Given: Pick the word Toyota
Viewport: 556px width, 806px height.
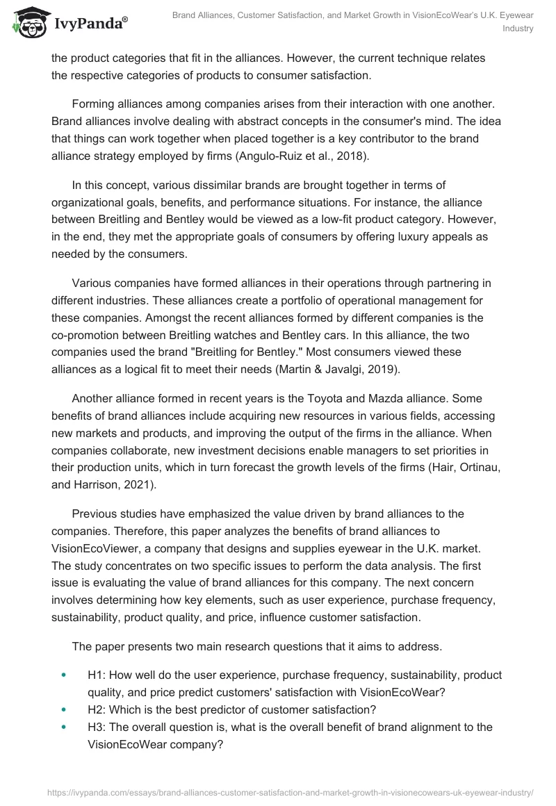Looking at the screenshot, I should pos(298,398).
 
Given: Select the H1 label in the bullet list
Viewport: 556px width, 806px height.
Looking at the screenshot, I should pos(97,675).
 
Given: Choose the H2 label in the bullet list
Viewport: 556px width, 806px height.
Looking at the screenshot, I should pos(97,709).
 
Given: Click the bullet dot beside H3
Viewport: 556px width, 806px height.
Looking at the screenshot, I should pos(64,727).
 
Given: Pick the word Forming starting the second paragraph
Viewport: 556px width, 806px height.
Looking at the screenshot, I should pos(94,104).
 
